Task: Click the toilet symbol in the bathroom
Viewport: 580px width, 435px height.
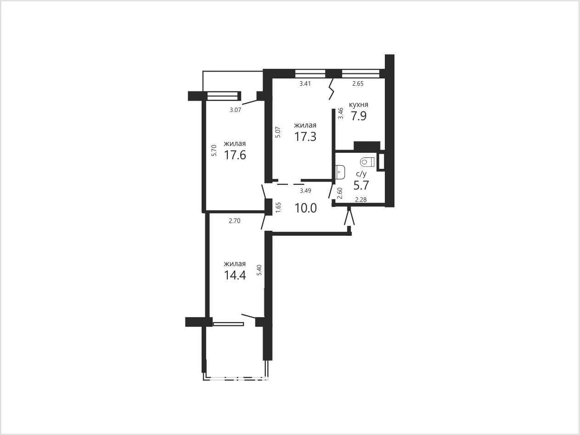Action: tap(367, 162)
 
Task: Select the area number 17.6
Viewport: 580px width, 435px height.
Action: tap(235, 155)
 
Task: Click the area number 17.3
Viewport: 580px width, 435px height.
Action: tap(305, 137)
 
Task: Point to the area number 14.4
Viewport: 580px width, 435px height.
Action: tap(235, 275)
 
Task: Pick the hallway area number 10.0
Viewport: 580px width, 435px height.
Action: tap(305, 208)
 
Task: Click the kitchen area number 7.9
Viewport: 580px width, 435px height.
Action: tap(359, 116)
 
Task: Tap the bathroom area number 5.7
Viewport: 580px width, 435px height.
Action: tap(361, 185)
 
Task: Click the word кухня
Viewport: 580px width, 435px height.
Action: tap(359, 105)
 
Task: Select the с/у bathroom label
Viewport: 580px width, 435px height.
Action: tap(361, 174)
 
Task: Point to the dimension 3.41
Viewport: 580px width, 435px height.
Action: tap(305, 84)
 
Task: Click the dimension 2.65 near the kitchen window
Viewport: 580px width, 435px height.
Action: tap(358, 84)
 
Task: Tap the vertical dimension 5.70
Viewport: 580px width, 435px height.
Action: tap(214, 150)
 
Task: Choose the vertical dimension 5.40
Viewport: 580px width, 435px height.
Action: tap(259, 270)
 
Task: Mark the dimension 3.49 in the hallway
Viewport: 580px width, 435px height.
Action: tap(305, 190)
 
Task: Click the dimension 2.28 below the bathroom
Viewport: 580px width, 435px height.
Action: tap(361, 200)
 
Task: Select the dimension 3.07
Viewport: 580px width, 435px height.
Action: tap(236, 110)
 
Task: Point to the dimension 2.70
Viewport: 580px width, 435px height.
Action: tap(235, 221)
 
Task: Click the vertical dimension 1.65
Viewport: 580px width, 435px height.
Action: tap(278, 207)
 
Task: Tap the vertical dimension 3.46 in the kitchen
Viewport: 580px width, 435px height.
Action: tap(341, 113)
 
